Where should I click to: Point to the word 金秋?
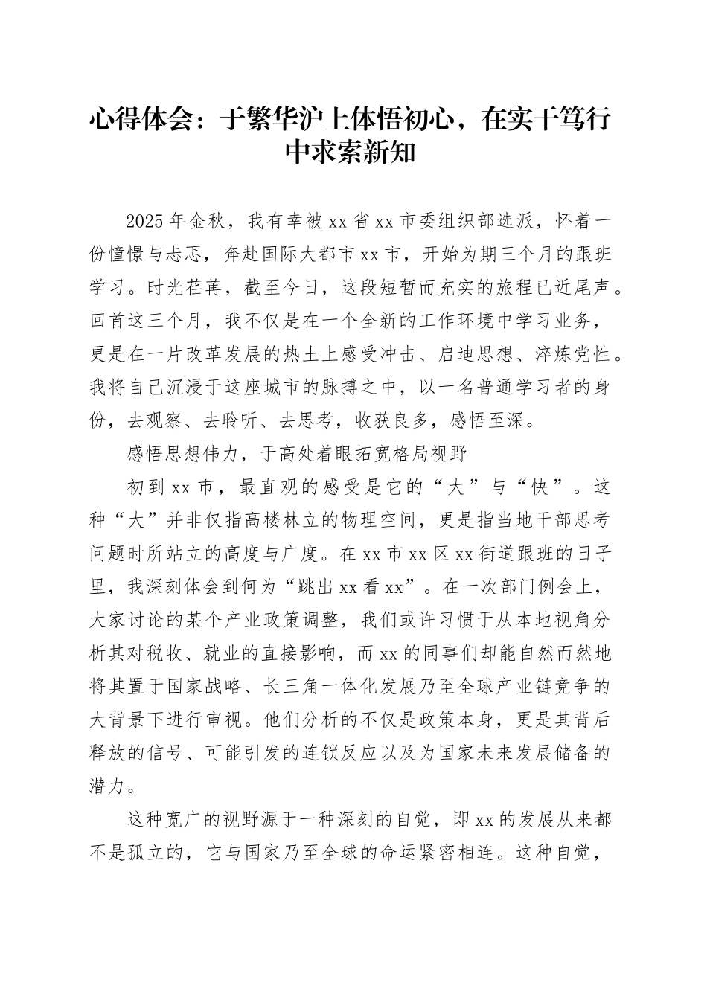click(x=205, y=221)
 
